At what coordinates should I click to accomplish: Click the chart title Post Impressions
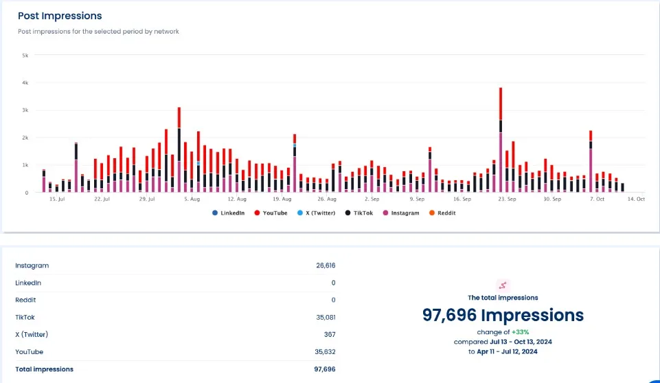pos(60,16)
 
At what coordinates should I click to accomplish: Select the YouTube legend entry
pos(271,213)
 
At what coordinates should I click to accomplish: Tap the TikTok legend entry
pos(359,213)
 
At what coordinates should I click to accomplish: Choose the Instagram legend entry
pos(401,213)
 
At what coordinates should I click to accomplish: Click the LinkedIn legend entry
pos(229,213)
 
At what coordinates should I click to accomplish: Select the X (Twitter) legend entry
pos(317,213)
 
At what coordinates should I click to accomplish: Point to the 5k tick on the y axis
pos(25,55)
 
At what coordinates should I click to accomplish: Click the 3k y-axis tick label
pos(25,110)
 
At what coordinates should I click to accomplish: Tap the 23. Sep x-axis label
pos(507,199)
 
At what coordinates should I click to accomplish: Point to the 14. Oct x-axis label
pos(636,199)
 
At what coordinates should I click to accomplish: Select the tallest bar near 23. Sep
pos(501,138)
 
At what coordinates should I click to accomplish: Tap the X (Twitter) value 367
pos(330,334)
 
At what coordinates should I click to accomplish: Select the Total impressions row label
pos(44,369)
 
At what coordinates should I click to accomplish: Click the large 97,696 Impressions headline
pos(503,316)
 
